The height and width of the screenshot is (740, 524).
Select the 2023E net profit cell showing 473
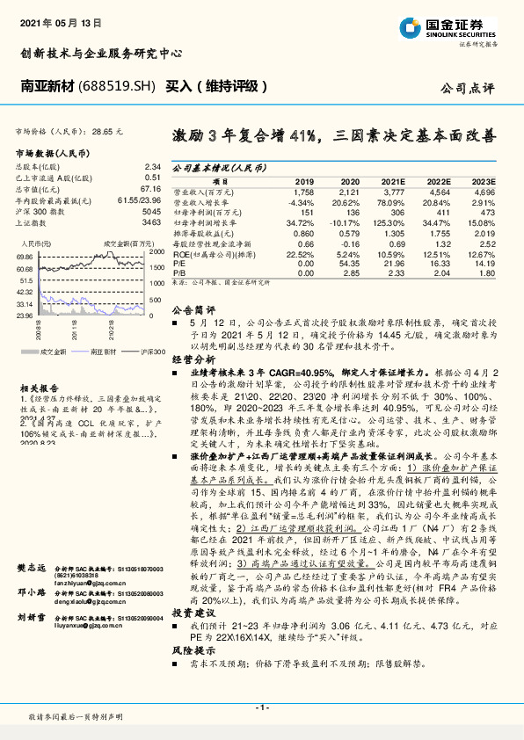pyautogui.click(x=485, y=212)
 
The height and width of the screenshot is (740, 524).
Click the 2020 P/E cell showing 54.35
pyautogui.click(x=349, y=264)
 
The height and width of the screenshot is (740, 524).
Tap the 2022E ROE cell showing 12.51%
pyautogui.click(x=439, y=253)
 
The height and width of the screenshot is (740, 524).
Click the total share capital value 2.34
pyautogui.click(x=151, y=166)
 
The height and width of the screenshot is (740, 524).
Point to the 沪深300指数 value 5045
pyautogui.click(x=150, y=212)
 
